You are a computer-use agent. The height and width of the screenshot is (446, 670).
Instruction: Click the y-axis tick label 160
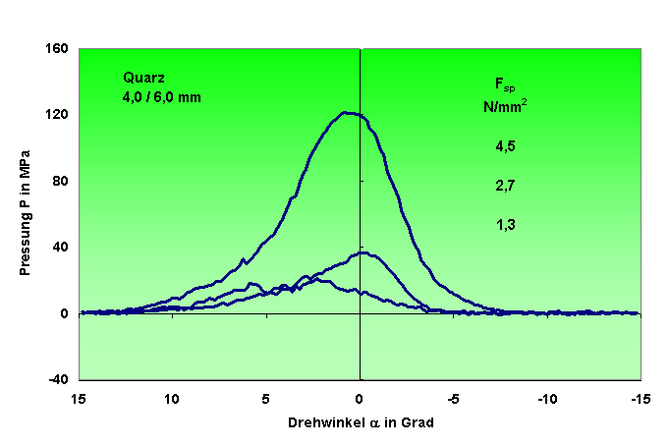pyautogui.click(x=57, y=48)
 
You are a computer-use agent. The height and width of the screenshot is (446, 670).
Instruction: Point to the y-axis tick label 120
pyautogui.click(x=57, y=115)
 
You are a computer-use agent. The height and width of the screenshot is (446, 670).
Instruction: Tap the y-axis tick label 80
pyautogui.click(x=61, y=181)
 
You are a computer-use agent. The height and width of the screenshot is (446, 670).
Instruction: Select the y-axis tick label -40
pyautogui.click(x=58, y=380)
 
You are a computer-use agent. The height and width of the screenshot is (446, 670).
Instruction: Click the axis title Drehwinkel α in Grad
pyautogui.click(x=360, y=422)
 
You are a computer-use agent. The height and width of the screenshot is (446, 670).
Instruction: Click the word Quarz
pyautogui.click(x=142, y=78)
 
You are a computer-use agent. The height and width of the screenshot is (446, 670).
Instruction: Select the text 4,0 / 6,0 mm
pyautogui.click(x=162, y=96)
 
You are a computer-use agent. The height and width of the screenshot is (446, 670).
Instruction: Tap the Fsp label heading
pyautogui.click(x=504, y=84)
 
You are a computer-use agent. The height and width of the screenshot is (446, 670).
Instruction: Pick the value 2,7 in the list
pyautogui.click(x=505, y=185)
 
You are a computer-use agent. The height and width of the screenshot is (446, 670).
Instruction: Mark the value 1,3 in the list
pyautogui.click(x=505, y=224)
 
